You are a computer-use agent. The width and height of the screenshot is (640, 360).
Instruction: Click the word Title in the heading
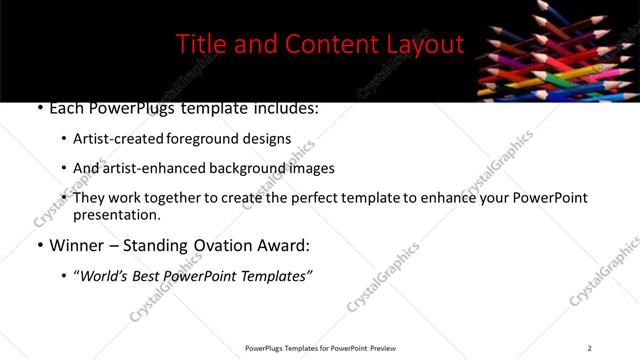tap(201, 44)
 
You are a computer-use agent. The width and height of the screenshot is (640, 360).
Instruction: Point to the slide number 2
tap(589, 348)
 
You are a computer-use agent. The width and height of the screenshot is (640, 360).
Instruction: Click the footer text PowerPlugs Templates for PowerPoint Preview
tap(319, 348)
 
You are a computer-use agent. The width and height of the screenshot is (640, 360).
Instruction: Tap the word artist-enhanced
tap(147, 169)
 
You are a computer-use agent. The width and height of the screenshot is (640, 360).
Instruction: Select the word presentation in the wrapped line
tap(116, 215)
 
